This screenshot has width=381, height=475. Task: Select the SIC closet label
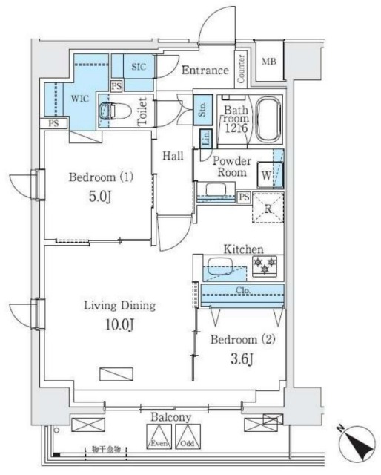tap(139, 67)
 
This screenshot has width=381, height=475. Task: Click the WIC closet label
tap(80, 97)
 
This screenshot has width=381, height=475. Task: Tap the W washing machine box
tap(266, 176)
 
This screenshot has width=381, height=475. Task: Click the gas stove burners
tap(265, 264)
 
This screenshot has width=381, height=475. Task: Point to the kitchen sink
tap(218, 265)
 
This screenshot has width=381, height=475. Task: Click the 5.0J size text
tap(100, 198)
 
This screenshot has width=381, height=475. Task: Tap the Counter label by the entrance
tap(242, 68)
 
